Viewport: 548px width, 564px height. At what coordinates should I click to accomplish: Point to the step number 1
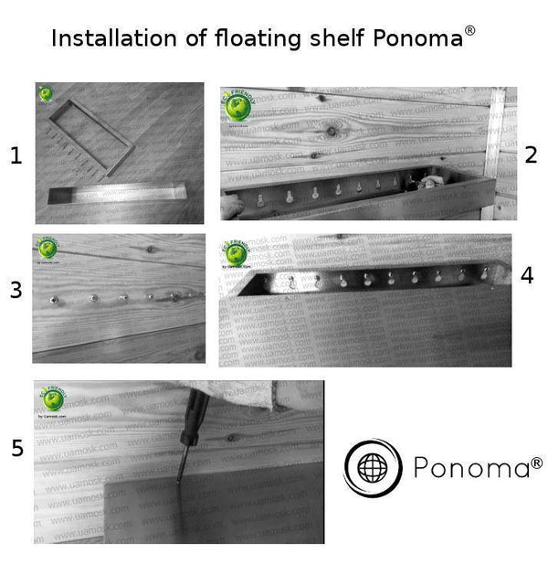16,156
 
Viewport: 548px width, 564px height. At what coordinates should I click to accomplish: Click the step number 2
531,154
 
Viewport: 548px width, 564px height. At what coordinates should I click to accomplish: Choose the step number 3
16,291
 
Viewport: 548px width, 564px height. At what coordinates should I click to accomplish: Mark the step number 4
526,275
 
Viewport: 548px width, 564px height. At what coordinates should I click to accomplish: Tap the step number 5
16,448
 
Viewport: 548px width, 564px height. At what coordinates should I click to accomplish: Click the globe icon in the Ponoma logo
373,468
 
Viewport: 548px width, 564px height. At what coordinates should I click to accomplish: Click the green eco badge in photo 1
46,94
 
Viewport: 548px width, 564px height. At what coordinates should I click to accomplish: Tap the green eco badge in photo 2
238,107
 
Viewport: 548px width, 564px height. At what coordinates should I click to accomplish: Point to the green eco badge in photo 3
46,250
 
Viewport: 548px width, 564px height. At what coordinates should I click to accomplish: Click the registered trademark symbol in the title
469,30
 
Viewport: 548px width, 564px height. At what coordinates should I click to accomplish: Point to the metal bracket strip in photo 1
117,193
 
